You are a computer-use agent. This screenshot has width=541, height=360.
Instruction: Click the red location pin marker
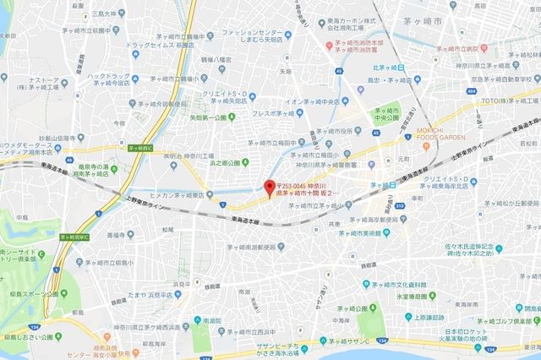click(270, 187)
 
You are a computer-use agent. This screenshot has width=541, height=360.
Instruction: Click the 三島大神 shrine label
click(107, 14)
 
